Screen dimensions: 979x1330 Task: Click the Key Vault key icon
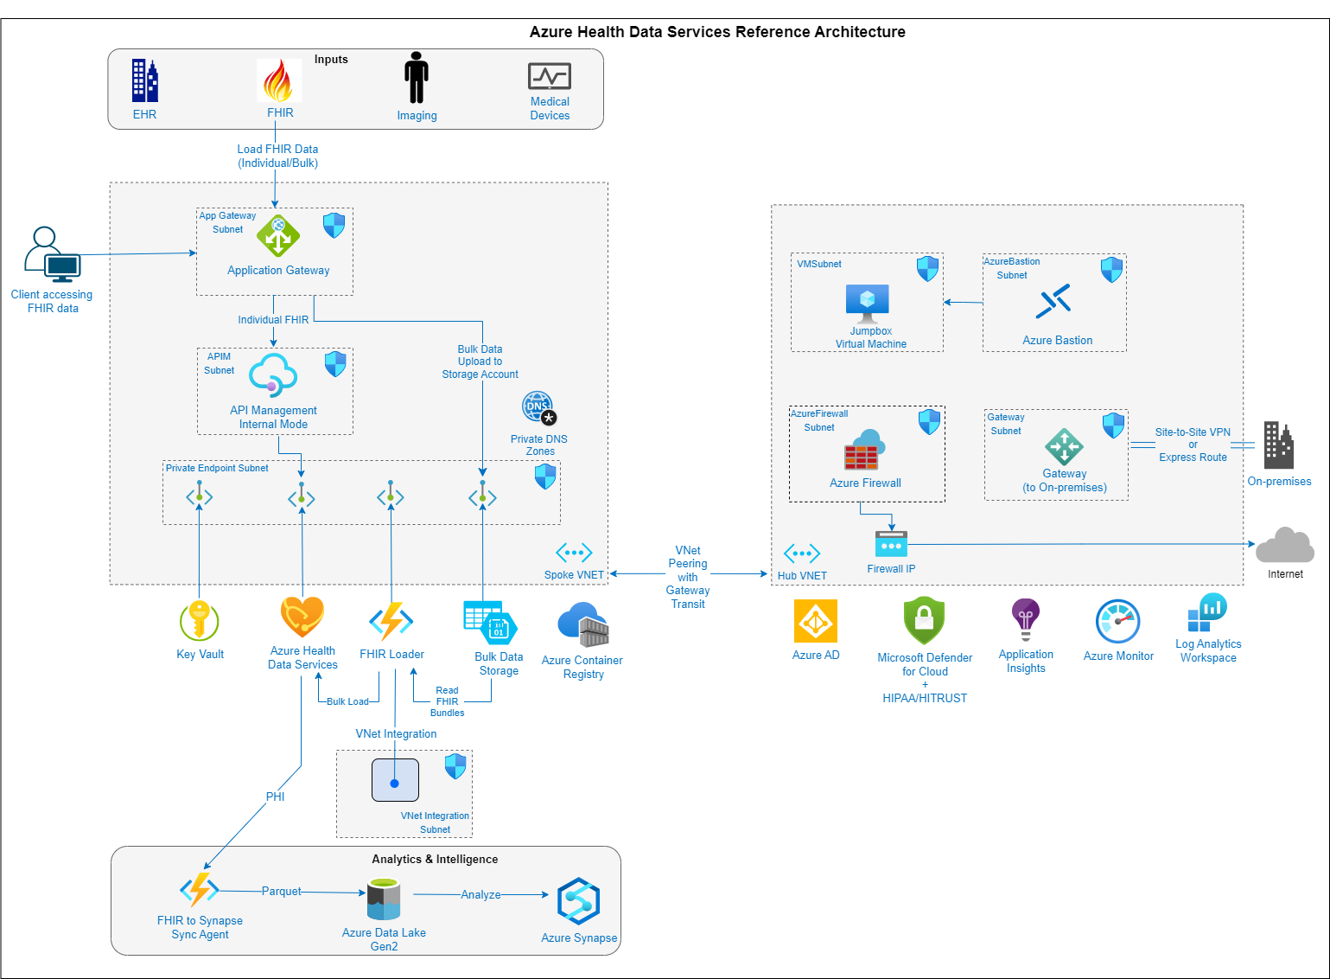(x=200, y=620)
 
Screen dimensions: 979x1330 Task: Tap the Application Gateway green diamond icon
(x=278, y=236)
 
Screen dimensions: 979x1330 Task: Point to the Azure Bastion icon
(x=1055, y=302)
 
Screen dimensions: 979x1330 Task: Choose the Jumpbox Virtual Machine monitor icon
(x=868, y=304)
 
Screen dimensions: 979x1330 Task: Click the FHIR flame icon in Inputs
(x=279, y=80)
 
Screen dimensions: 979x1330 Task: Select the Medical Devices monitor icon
(x=550, y=76)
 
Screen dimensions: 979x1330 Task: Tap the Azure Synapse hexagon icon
(x=578, y=901)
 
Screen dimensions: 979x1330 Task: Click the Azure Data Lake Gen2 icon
(x=383, y=899)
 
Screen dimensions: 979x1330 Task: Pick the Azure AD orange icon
(x=816, y=621)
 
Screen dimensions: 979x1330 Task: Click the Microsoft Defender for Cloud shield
(x=924, y=620)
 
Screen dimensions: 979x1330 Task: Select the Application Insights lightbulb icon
(x=1026, y=619)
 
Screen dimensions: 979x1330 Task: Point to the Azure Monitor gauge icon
(x=1118, y=622)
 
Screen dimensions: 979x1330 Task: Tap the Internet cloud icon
(x=1285, y=546)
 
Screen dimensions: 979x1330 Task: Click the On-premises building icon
(x=1278, y=445)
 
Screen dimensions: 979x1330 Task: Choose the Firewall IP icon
(x=891, y=545)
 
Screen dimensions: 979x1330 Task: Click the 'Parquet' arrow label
(x=282, y=891)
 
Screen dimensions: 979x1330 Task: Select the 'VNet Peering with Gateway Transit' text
(x=688, y=577)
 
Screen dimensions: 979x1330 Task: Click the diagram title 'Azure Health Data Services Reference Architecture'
(x=717, y=32)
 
